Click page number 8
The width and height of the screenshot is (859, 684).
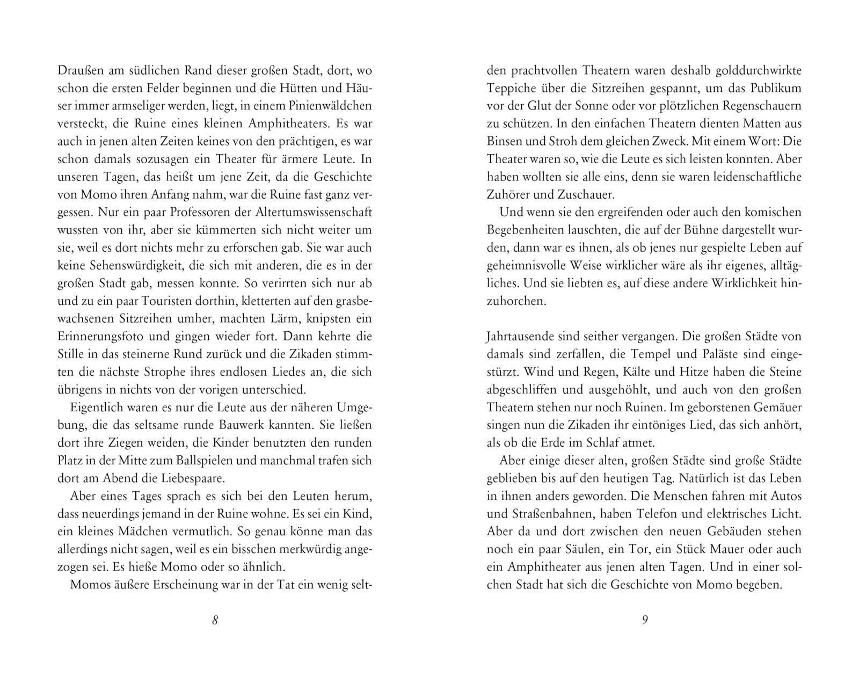(x=215, y=620)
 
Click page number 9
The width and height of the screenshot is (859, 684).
(x=645, y=620)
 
